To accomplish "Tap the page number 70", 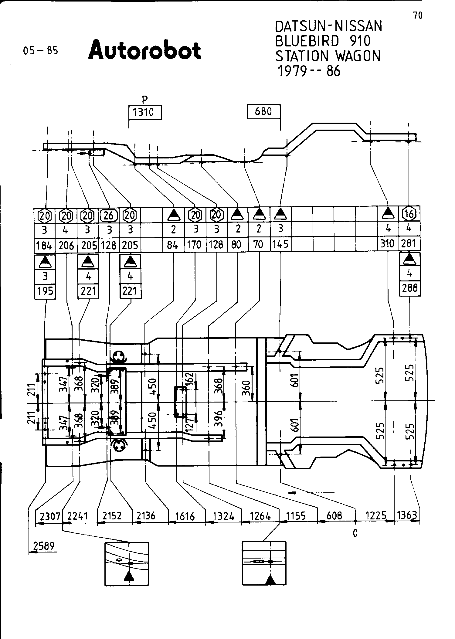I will click(x=418, y=15).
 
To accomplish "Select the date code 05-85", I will click(x=40, y=50).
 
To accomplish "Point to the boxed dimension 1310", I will click(x=143, y=113).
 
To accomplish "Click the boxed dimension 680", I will click(x=263, y=112).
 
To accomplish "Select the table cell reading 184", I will click(x=44, y=245).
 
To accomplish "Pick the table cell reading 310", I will click(x=387, y=244).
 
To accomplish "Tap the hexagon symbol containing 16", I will click(x=409, y=214).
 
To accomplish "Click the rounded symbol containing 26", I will click(x=109, y=215).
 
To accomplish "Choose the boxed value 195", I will click(x=45, y=291).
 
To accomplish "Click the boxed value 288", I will click(x=409, y=288).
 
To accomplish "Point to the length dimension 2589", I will click(x=44, y=546).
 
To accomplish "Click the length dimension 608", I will click(x=334, y=515).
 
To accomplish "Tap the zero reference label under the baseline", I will click(x=355, y=533).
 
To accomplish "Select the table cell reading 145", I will click(x=280, y=244).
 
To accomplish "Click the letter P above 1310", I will click(x=145, y=99).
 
